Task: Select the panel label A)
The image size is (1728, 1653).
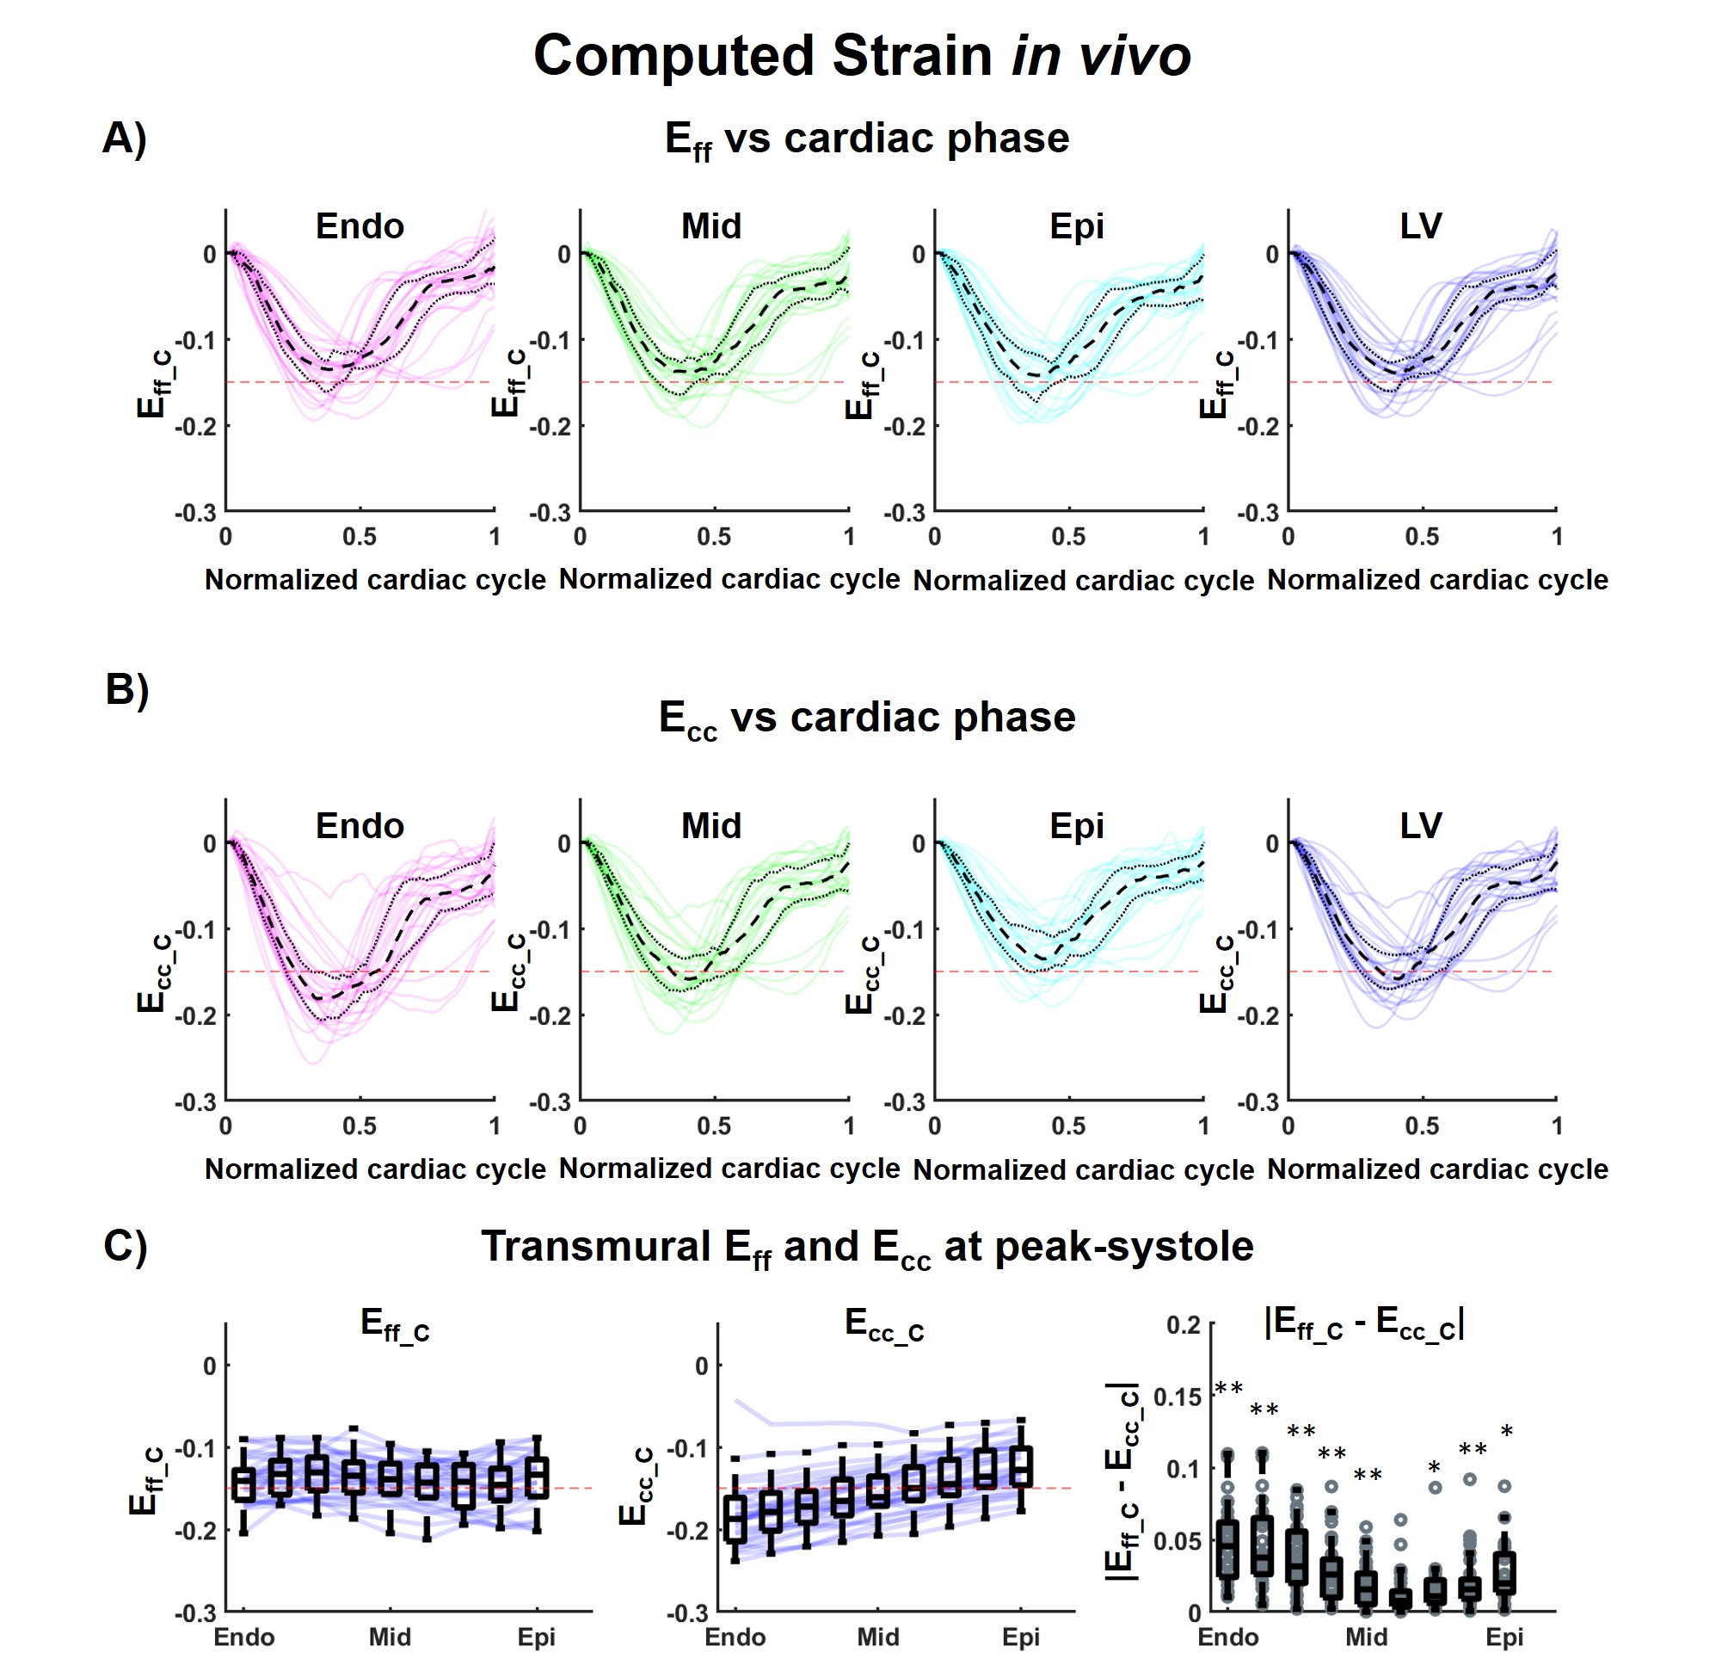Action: point(124,139)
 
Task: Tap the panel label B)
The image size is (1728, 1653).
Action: point(126,688)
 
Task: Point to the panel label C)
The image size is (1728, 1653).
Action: point(125,1246)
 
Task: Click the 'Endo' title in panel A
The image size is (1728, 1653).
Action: point(360,226)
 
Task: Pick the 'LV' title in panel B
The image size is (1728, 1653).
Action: point(1421,825)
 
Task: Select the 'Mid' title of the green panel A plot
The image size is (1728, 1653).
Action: point(710,226)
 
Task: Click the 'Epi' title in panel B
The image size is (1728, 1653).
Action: point(1076,825)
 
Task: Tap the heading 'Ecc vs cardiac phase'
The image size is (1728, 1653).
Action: point(867,719)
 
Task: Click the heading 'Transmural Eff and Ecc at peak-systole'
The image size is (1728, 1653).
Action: point(867,1248)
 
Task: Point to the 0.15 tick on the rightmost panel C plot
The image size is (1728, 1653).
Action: point(1177,1397)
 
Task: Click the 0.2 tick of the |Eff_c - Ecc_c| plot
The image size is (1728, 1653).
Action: point(1183,1324)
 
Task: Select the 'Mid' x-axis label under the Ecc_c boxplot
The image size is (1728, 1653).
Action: point(878,1637)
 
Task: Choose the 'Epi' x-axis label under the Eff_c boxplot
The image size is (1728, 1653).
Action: point(537,1637)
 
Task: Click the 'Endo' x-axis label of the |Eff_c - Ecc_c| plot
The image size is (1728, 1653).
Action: point(1227,1637)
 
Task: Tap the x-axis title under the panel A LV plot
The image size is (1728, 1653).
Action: point(1437,580)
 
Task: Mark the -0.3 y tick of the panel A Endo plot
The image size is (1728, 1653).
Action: point(194,512)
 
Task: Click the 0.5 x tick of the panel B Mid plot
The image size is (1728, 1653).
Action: point(713,1126)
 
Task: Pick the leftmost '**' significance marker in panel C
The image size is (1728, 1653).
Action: point(1228,1389)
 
